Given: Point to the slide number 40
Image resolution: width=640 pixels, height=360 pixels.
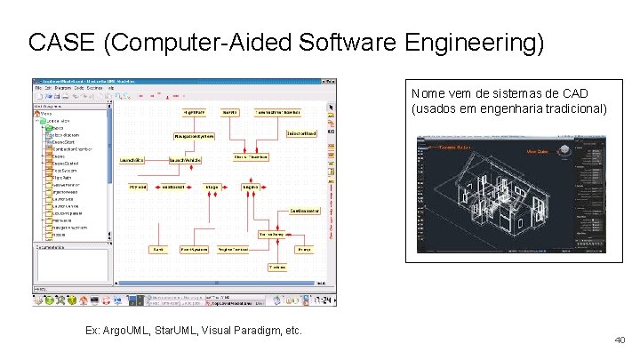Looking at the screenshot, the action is (x=620, y=340).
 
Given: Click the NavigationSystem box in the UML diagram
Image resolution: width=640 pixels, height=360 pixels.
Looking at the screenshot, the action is (x=195, y=136).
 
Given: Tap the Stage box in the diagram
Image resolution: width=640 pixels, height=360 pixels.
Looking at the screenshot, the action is (x=212, y=188).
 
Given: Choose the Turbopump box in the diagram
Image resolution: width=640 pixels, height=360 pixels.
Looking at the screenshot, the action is (x=273, y=234).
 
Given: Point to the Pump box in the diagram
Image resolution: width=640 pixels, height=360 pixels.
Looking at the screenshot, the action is (x=303, y=250).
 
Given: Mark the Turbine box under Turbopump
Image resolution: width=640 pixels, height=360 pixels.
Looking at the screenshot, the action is (x=277, y=267).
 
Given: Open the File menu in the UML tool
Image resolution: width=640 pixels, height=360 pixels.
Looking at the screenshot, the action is (x=37, y=88).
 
